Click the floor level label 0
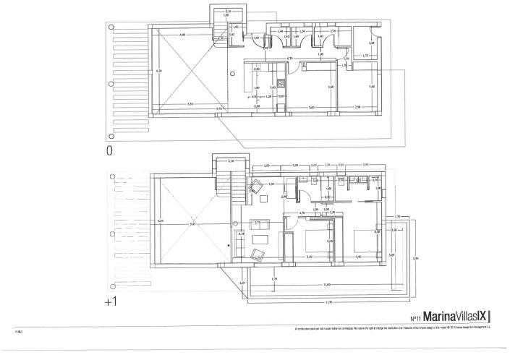(110, 151)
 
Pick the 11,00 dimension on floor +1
(327, 284)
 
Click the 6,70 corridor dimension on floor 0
(289, 58)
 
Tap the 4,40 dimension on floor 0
(182, 35)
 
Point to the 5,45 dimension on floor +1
(192, 225)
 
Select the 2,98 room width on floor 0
(358, 106)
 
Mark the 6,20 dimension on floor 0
(159, 71)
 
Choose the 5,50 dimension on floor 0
(190, 103)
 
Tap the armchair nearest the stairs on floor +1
(255, 187)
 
